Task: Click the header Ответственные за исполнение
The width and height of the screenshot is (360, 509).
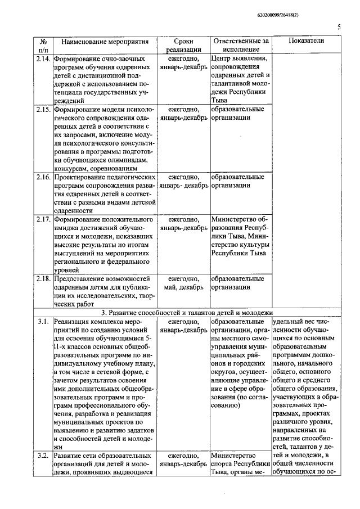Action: coord(240,46)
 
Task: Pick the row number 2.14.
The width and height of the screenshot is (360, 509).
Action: coord(43,58)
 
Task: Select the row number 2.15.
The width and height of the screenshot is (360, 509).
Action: coord(43,109)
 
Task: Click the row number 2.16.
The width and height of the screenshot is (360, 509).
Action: coord(43,177)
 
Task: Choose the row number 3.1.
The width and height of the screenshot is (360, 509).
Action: coord(43,322)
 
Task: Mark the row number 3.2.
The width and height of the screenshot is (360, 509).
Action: coord(43,456)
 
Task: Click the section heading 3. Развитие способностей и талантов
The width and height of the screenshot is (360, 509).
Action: coord(186,312)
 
